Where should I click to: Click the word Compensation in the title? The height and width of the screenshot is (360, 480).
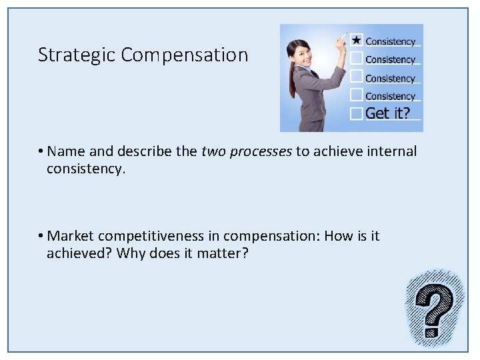click(x=185, y=55)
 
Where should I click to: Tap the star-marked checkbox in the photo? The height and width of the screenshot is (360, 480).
click(x=357, y=40)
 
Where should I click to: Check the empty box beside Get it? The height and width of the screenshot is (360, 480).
click(x=357, y=113)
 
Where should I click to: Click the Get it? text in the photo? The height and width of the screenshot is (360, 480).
click(x=388, y=113)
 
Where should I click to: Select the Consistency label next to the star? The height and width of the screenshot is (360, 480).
click(x=390, y=41)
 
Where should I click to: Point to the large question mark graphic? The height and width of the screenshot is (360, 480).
click(x=434, y=308)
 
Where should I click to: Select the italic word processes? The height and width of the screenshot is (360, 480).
click(x=261, y=151)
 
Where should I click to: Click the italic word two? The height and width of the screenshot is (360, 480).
click(x=213, y=151)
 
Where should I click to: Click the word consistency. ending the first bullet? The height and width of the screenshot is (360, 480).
click(x=85, y=169)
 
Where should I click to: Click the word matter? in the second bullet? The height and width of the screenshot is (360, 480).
click(x=222, y=253)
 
